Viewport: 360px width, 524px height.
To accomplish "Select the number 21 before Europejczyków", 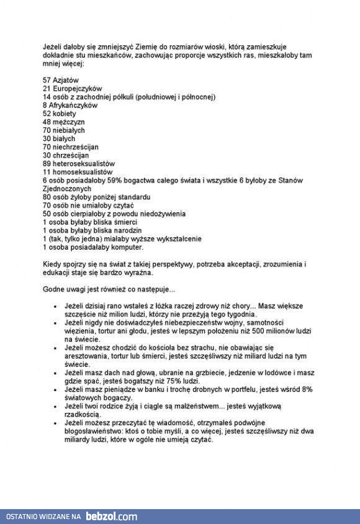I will coord(47,89).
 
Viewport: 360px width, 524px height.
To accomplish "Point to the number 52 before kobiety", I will coord(47,114).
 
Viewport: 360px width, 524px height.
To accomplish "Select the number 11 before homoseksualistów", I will coord(47,172).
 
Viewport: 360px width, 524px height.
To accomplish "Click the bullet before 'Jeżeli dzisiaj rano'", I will coord(55,307).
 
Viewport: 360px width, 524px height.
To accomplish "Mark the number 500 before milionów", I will coord(258,332).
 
